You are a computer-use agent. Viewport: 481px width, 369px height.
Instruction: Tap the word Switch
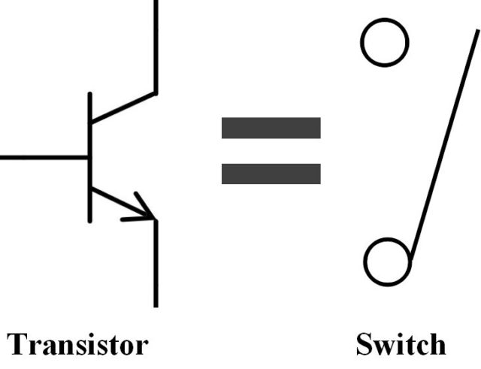tap(400, 344)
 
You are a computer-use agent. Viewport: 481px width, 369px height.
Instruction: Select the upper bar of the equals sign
tap(271, 128)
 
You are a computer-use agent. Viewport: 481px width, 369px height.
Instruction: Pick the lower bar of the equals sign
tap(271, 174)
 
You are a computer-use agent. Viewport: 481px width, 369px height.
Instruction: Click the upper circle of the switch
tap(384, 43)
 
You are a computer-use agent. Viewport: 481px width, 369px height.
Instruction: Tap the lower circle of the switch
tap(388, 261)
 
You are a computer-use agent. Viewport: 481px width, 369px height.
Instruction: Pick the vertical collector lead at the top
tap(156, 45)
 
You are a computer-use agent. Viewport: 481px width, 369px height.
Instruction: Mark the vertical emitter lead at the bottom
tap(156, 263)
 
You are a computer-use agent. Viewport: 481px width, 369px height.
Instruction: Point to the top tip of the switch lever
tap(476, 34)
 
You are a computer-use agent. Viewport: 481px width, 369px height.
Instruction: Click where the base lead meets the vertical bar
tap(90, 158)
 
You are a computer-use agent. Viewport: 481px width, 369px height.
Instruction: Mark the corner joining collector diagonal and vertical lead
tap(156, 93)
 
